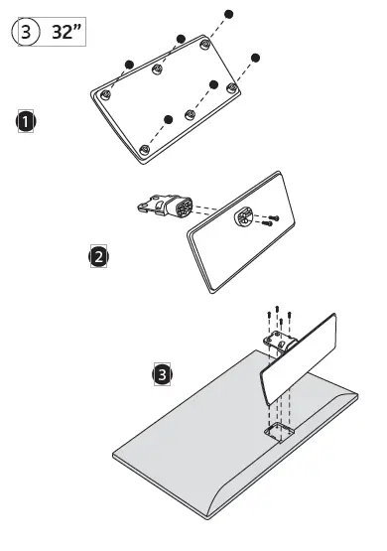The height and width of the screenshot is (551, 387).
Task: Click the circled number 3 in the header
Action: tap(26, 32)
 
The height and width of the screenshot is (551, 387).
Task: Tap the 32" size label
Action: tap(66, 32)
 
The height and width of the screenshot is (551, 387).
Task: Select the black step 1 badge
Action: tap(26, 121)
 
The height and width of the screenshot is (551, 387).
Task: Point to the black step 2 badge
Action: tap(98, 256)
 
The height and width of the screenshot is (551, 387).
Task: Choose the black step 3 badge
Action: tap(162, 374)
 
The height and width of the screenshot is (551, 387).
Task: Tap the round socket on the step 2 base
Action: tap(242, 216)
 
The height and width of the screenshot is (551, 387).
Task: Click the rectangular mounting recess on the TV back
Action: tap(279, 432)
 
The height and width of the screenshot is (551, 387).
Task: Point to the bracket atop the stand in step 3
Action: tap(280, 342)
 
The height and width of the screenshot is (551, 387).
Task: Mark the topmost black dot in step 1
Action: tap(228, 15)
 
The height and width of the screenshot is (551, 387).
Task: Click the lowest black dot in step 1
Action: tap(169, 119)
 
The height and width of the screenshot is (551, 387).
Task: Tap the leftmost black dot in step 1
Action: tap(129, 65)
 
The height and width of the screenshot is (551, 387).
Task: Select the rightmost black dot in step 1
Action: tap(255, 58)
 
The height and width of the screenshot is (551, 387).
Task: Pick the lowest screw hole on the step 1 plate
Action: tap(144, 150)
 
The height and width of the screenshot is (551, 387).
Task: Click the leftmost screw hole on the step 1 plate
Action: tap(106, 94)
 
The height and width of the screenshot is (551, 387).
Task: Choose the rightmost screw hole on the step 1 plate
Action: tap(232, 87)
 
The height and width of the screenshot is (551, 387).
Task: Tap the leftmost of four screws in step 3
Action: tap(269, 315)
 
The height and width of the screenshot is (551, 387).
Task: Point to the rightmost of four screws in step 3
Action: tap(290, 315)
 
